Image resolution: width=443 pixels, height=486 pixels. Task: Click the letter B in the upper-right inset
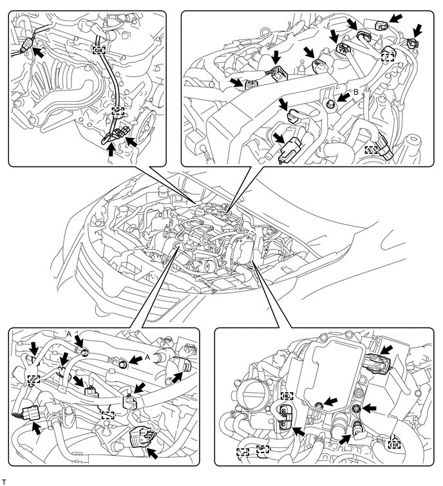coord(356,93)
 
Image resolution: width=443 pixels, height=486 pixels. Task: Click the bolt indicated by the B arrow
coord(330,103)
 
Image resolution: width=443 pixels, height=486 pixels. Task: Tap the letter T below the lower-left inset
coord(4,481)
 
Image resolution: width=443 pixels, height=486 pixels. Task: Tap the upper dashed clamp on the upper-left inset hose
coord(99,50)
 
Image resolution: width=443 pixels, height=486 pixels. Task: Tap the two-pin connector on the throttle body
coord(283,418)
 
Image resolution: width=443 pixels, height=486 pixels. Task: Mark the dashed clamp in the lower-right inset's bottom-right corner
coord(394,444)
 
